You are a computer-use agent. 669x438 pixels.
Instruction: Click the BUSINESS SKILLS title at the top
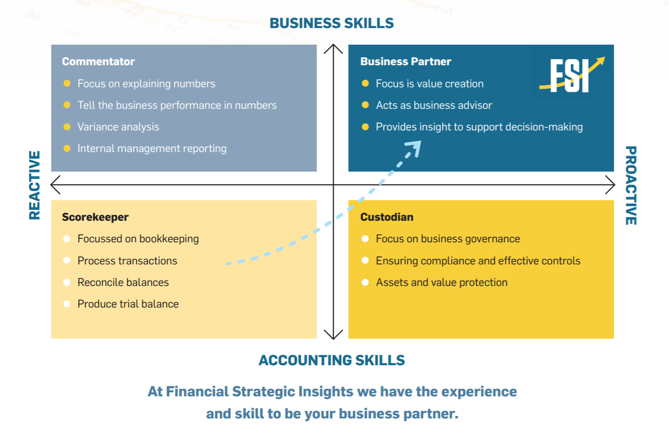(x=332, y=23)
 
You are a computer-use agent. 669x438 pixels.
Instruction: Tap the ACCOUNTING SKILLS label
(x=332, y=360)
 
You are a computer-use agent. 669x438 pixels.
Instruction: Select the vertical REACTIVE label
(x=34, y=185)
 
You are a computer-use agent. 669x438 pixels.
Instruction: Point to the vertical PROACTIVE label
(x=631, y=186)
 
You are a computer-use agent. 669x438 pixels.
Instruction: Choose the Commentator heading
(x=98, y=62)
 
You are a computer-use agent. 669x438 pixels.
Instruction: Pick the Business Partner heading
(x=406, y=62)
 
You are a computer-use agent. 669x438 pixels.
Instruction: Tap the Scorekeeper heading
(x=95, y=217)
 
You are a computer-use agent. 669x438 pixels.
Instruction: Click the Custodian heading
(x=387, y=217)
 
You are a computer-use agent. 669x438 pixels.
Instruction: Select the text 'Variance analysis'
(x=118, y=127)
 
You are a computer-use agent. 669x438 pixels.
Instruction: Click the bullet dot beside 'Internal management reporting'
(x=67, y=149)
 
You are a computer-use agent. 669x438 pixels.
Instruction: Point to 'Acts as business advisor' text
(x=434, y=105)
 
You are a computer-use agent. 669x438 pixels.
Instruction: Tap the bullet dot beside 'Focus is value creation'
(x=365, y=83)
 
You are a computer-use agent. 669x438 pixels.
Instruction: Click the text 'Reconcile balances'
(x=123, y=282)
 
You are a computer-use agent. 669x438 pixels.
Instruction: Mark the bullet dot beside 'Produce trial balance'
(x=67, y=304)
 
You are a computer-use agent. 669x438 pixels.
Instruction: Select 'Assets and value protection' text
(x=442, y=282)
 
